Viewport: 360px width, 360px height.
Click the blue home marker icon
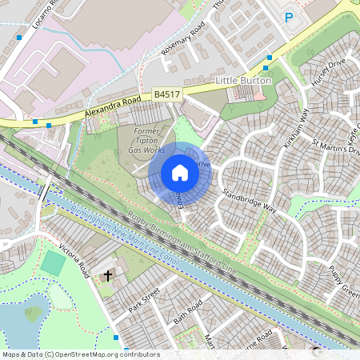180,173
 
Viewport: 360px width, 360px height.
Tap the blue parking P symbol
290,16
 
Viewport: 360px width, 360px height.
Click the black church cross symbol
107,276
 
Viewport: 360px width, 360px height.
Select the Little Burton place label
244,82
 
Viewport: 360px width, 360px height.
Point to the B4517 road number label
168,94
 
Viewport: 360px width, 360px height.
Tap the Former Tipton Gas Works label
149,140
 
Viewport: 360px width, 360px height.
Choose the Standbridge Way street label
249,201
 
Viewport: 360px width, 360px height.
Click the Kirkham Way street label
296,127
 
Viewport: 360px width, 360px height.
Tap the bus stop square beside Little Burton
270,58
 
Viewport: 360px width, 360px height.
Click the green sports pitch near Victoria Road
54,262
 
